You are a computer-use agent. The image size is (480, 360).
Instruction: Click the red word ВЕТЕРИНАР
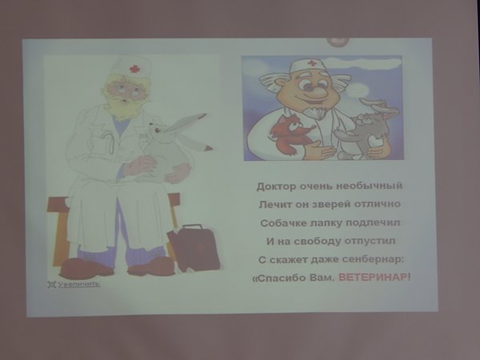(x=373, y=278)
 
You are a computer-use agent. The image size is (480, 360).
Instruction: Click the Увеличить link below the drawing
(x=79, y=284)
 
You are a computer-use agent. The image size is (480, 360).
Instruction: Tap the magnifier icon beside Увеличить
(x=51, y=284)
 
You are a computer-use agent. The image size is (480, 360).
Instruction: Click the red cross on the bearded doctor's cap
(x=134, y=68)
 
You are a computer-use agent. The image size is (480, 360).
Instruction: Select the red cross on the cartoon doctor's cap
(x=312, y=63)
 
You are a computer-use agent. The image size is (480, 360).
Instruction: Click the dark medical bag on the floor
(x=194, y=248)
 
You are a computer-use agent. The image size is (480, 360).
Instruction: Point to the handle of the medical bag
(x=193, y=227)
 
